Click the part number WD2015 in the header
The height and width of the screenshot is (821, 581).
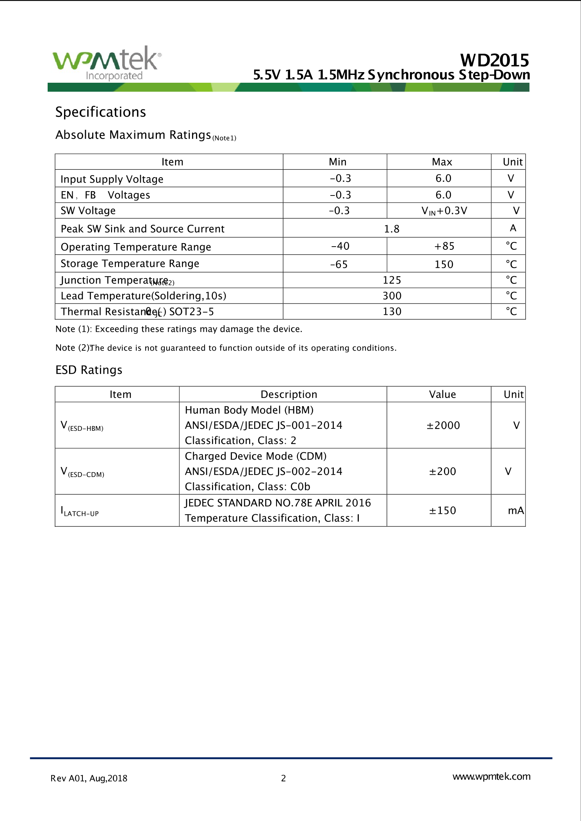(494, 60)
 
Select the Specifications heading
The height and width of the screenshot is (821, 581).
(100, 112)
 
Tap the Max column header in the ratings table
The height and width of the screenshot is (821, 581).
(442, 162)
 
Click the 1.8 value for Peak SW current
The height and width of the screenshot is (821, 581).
(392, 229)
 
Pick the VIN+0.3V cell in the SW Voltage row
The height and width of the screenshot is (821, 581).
(444, 211)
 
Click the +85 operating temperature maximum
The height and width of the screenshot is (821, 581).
(444, 246)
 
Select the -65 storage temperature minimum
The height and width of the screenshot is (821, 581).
(339, 265)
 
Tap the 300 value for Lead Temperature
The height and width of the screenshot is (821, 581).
(392, 296)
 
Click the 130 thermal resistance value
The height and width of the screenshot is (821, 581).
(392, 312)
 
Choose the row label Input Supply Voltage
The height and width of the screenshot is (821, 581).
(112, 179)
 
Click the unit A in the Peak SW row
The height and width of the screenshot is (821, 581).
(513, 228)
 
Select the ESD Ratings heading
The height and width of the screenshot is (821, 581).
(89, 370)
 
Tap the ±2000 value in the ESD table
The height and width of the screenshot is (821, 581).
(443, 425)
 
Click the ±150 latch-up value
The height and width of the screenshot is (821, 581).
(442, 511)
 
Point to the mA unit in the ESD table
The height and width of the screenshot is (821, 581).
(515, 511)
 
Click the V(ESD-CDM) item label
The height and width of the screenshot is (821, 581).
(82, 472)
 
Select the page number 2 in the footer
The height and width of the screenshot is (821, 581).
(283, 778)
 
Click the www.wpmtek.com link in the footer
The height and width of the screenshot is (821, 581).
(491, 777)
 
